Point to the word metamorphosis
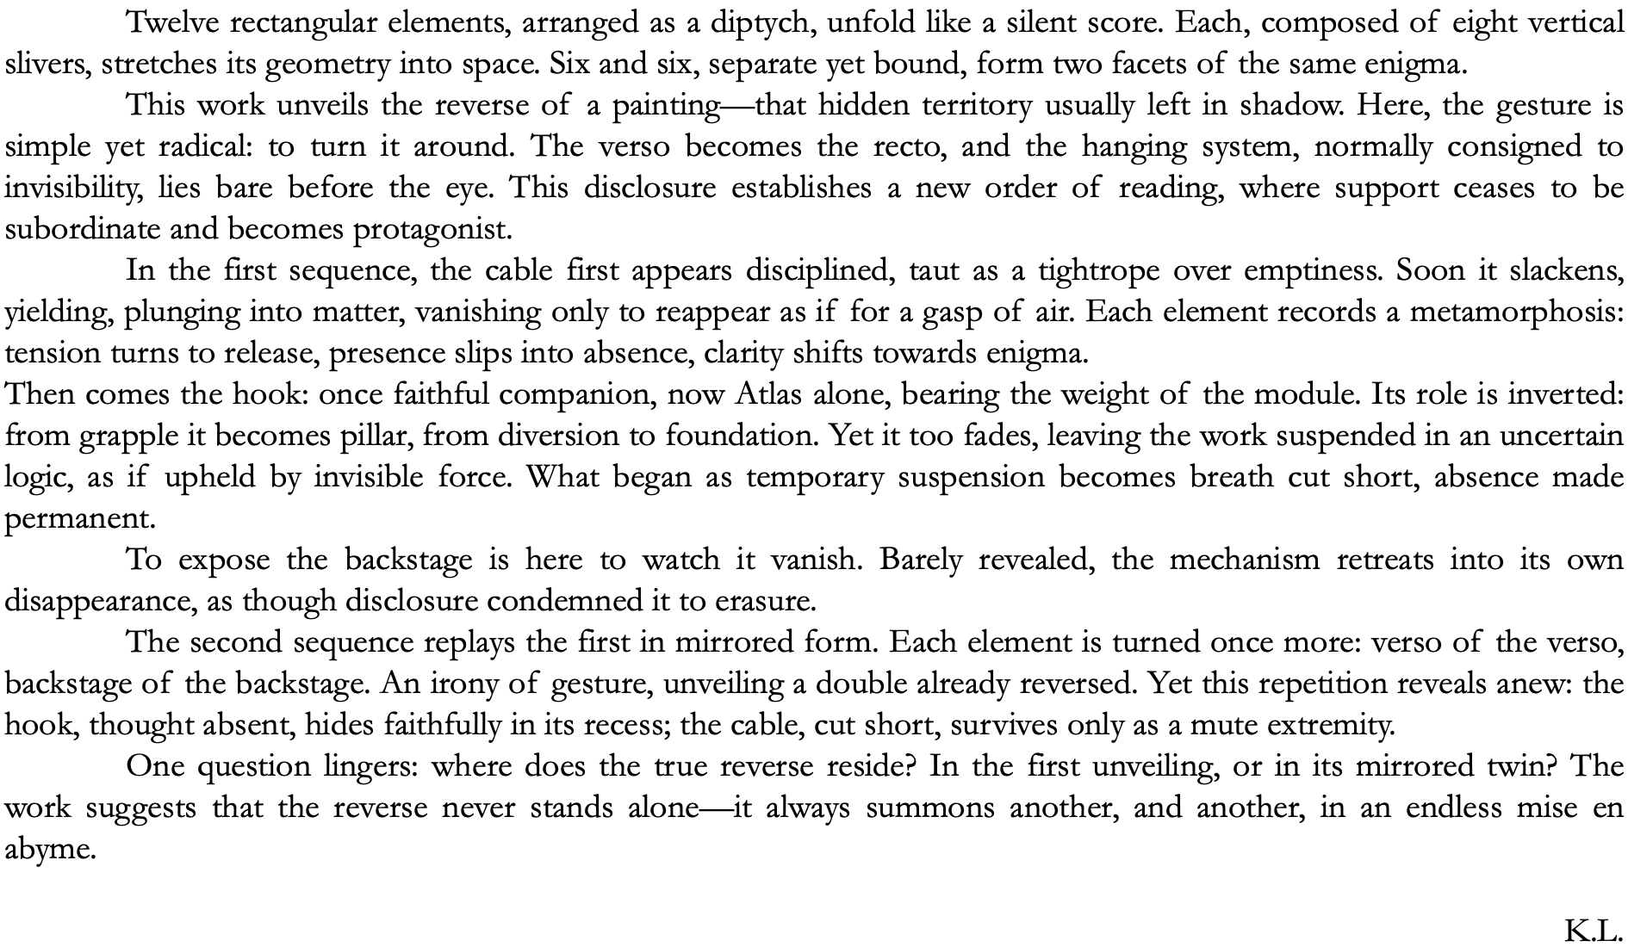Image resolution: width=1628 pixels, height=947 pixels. (1516, 313)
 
